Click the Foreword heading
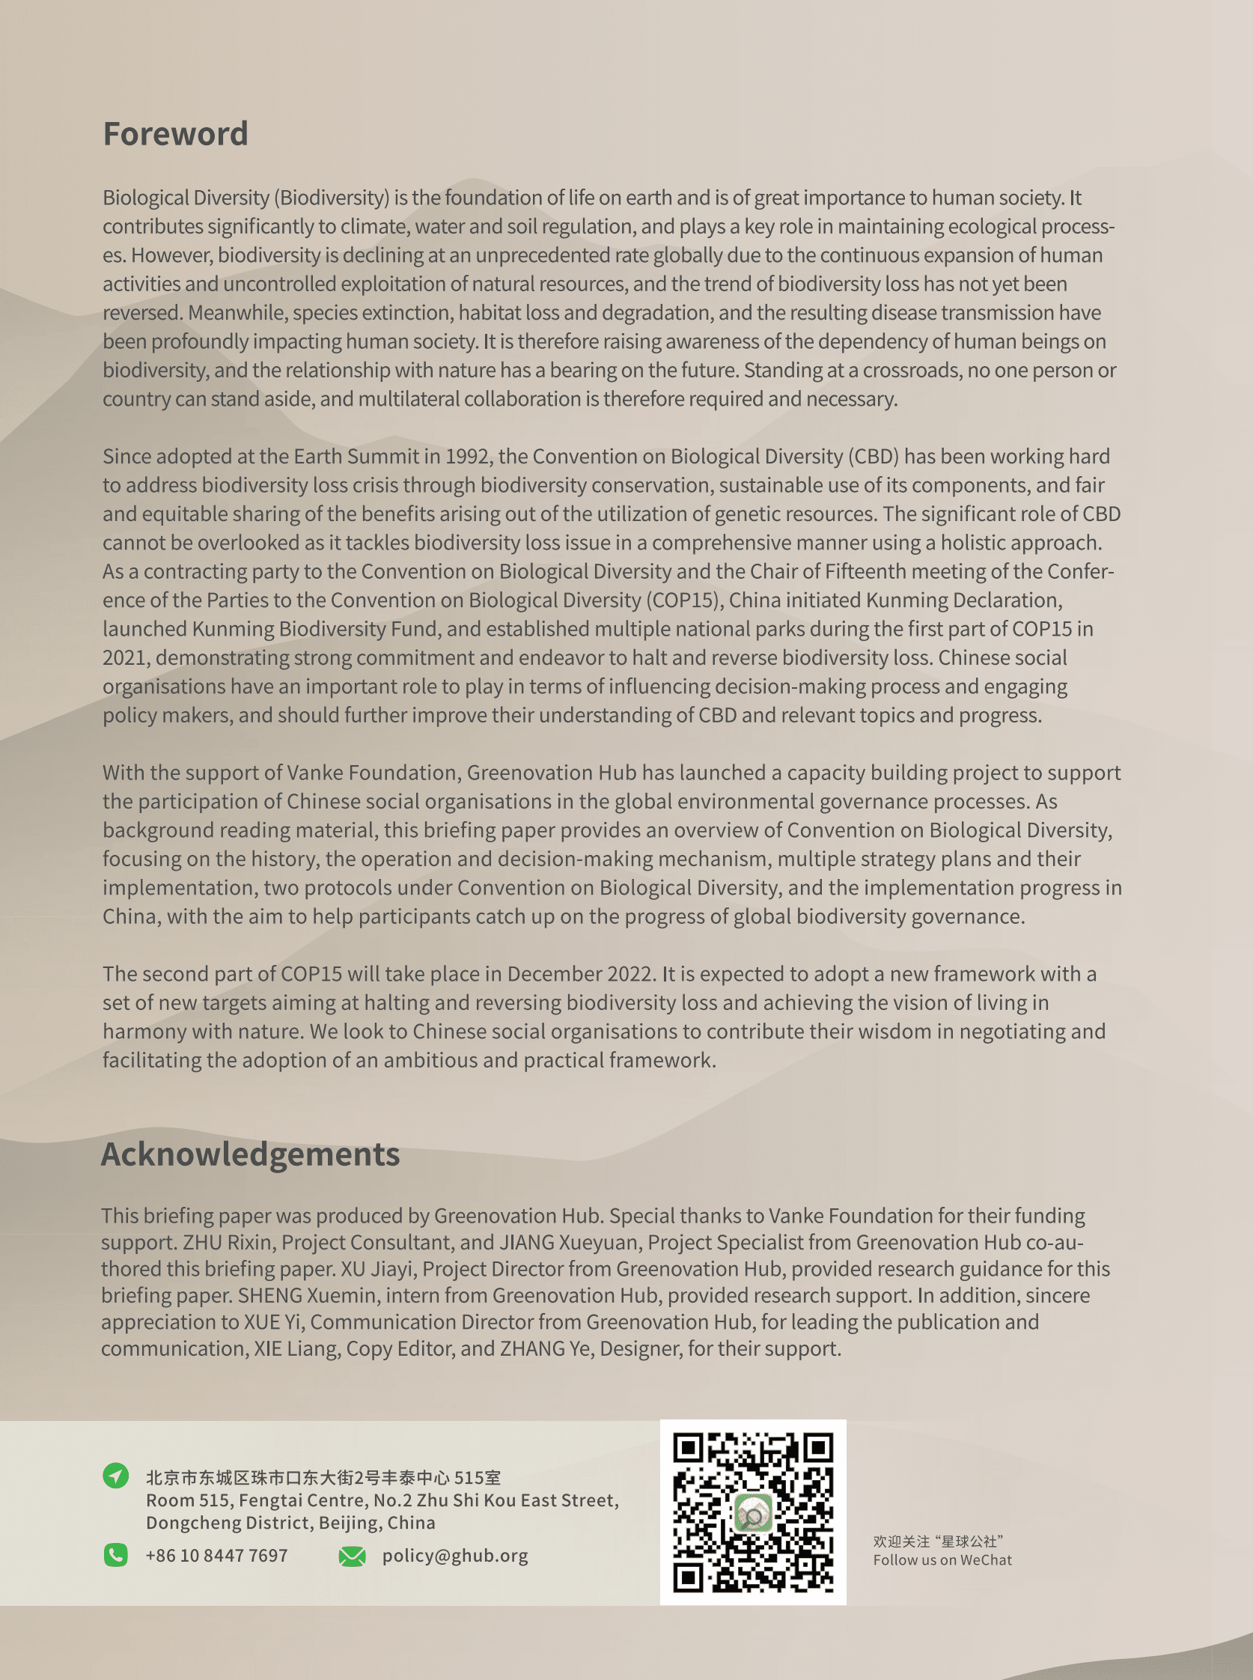click(175, 134)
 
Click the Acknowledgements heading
click(250, 1154)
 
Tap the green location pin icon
click(115, 1475)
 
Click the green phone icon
click(115, 1556)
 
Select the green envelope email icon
click(352, 1556)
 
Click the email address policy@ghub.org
click(455, 1556)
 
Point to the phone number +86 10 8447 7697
click(217, 1556)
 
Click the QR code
click(753, 1512)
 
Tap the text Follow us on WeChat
click(942, 1560)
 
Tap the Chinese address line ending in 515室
click(323, 1478)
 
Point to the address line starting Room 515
click(382, 1500)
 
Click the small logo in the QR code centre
click(752, 1514)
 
